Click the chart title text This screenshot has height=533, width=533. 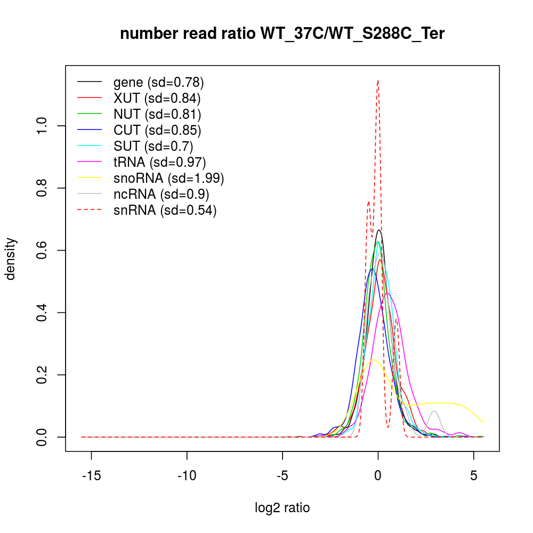(282, 34)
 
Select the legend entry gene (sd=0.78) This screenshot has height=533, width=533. (158, 83)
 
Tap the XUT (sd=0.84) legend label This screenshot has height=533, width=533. (157, 99)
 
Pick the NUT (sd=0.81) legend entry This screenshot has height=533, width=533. (157, 114)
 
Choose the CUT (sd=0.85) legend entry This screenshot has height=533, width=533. (157, 130)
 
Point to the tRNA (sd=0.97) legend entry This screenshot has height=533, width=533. (159, 161)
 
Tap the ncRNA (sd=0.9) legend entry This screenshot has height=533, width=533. (161, 194)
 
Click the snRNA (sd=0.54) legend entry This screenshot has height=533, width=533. (165, 210)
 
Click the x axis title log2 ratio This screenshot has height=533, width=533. (282, 508)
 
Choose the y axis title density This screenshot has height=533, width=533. (11, 259)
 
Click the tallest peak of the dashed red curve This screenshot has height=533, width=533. (378, 80)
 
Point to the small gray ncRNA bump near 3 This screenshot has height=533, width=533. (434, 411)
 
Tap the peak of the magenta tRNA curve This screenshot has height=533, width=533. (387, 293)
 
